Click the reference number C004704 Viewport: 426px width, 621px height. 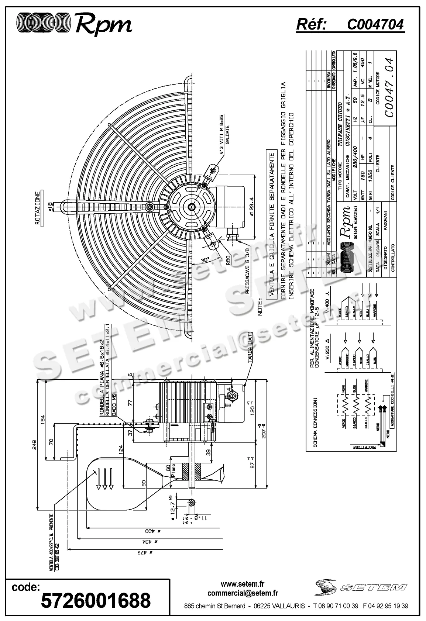click(375, 24)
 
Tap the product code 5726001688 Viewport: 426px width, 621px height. click(96, 600)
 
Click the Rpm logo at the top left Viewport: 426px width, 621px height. click(74, 25)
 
